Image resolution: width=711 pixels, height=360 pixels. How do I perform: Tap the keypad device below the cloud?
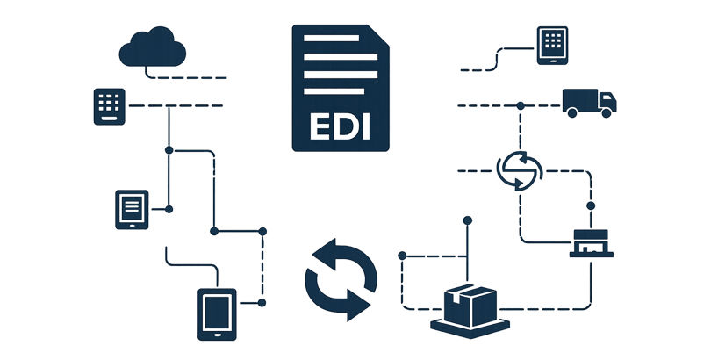(x=110, y=106)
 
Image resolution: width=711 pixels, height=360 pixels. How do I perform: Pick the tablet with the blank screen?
(x=216, y=313)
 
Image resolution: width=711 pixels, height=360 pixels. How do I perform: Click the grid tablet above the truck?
(x=551, y=45)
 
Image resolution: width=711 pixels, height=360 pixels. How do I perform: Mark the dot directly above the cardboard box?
(x=468, y=220)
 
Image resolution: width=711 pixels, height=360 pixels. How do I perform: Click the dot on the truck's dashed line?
(x=521, y=105)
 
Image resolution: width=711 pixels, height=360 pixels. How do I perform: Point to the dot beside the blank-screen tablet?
(x=262, y=302)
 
